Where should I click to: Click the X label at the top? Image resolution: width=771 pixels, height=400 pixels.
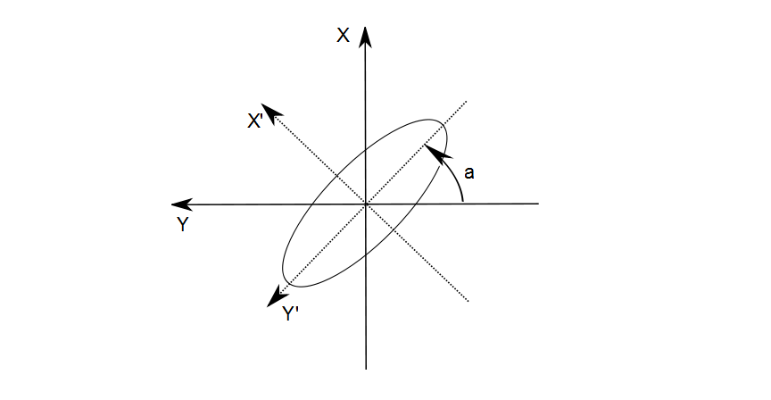click(344, 36)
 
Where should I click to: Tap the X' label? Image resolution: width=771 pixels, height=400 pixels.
click(255, 121)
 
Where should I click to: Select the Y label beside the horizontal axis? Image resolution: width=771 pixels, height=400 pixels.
click(182, 224)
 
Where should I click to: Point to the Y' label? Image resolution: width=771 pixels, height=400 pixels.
click(290, 313)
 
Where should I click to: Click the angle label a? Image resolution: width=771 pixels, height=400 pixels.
click(469, 172)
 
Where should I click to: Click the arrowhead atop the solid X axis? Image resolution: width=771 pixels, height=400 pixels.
click(365, 37)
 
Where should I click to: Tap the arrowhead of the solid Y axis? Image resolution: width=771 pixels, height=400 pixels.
click(182, 204)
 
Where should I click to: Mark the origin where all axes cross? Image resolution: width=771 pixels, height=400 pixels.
click(365, 204)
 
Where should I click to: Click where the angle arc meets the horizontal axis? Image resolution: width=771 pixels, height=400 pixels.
click(463, 203)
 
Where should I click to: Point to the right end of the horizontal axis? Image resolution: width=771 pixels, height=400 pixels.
click(539, 203)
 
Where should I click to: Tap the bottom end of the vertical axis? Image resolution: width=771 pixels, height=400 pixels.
click(366, 369)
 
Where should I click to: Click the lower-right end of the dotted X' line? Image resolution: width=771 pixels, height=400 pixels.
click(468, 301)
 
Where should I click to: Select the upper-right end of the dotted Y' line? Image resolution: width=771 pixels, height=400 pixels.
click(466, 102)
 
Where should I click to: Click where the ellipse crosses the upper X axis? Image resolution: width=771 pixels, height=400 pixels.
click(365, 151)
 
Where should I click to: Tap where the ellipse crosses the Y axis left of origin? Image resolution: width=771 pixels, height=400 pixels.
click(312, 204)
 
